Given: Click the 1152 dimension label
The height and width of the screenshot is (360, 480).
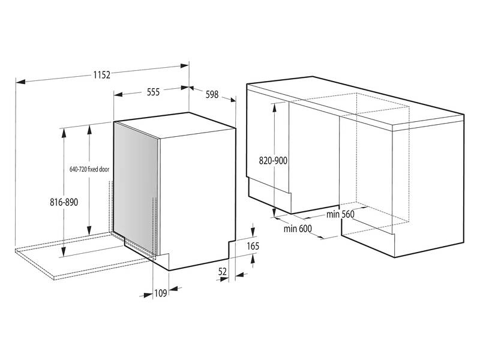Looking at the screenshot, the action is [102, 74].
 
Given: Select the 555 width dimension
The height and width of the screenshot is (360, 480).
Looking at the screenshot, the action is [153, 92].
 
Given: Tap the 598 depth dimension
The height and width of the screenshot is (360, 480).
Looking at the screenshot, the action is [212, 94].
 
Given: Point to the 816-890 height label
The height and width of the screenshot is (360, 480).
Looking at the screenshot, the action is [64, 202].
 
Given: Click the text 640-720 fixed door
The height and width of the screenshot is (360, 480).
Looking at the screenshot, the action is [89, 169].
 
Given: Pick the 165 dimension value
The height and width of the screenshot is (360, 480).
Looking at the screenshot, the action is [253, 246].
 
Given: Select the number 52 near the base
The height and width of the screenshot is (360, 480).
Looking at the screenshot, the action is [223, 272].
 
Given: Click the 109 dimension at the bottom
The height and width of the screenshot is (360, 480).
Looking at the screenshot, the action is [160, 293].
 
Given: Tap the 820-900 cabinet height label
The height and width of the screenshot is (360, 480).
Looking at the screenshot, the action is [273, 160].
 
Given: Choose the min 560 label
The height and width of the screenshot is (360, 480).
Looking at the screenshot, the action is [340, 214].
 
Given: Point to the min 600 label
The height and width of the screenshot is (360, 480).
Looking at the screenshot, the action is [298, 229].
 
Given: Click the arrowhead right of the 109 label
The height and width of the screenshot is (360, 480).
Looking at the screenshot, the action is [173, 289].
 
